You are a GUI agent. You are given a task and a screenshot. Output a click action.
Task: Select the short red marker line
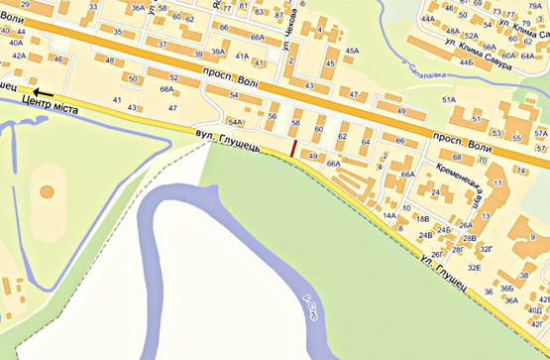coord(293,148)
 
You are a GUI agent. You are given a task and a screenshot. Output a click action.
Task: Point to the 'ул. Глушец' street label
coord(442,275)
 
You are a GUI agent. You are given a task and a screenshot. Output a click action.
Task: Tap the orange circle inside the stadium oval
coord(46,189)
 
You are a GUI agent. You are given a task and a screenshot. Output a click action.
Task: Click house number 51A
coord(449,100)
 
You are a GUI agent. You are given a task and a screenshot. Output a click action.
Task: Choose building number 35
coord(117,32)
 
